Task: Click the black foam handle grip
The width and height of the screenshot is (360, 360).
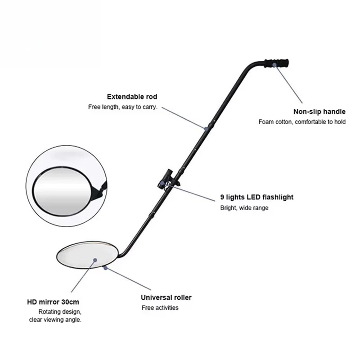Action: [x=277, y=63]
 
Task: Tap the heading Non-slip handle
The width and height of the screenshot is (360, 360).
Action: [x=319, y=112]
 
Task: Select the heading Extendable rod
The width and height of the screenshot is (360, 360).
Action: [x=132, y=97]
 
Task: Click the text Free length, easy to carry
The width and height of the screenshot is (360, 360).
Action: [x=122, y=108]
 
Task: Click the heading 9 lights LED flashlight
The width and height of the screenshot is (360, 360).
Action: [x=256, y=197]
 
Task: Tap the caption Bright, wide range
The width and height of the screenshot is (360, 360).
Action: [x=244, y=208]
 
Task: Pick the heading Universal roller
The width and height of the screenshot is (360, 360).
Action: [x=166, y=297]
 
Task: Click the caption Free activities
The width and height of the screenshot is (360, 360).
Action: [x=160, y=308]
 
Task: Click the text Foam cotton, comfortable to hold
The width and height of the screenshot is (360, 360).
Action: [x=302, y=122]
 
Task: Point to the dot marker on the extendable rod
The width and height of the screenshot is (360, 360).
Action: [x=206, y=129]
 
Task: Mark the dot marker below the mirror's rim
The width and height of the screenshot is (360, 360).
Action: [x=105, y=268]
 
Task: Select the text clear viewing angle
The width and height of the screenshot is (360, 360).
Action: [x=55, y=320]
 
